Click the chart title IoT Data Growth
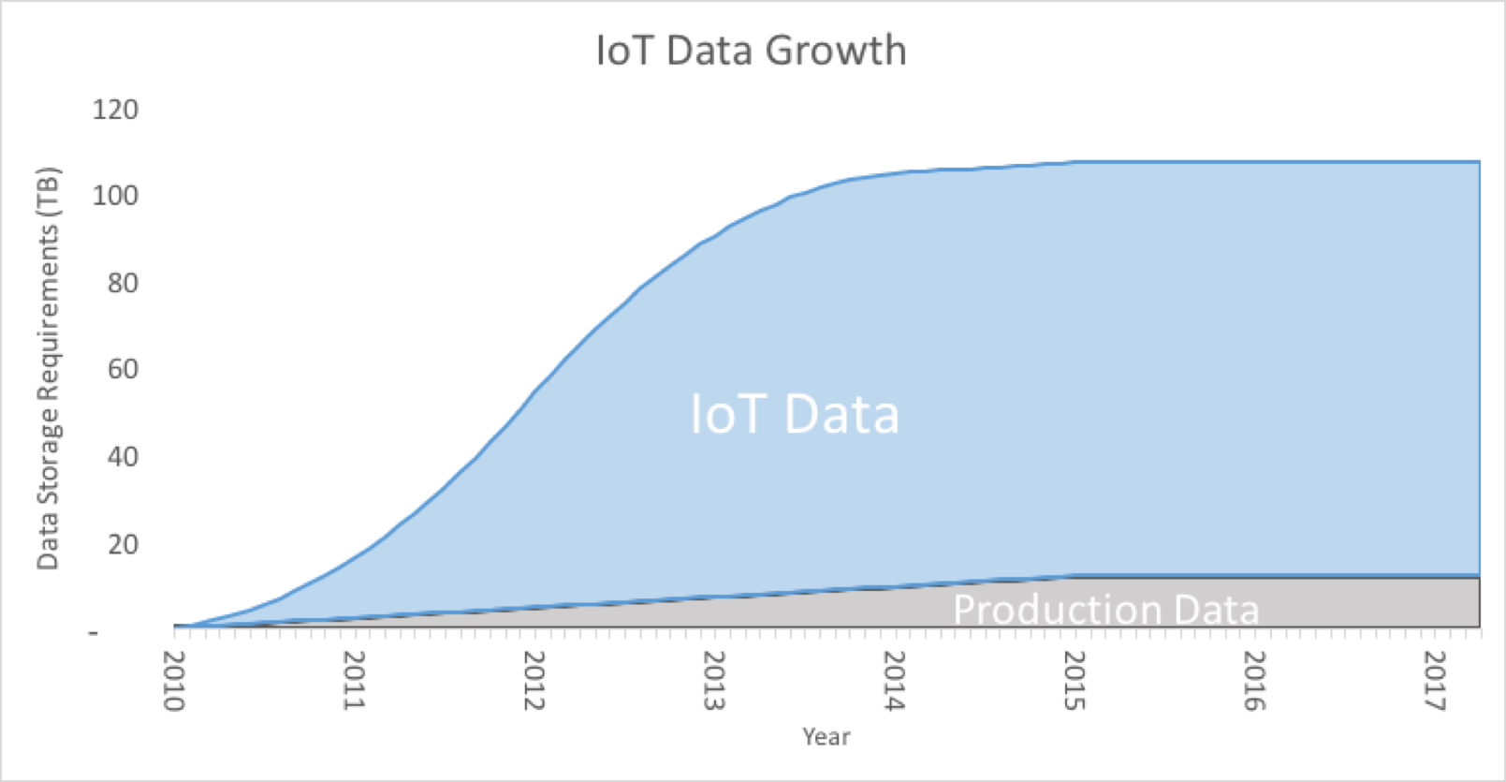pyautogui.click(x=752, y=51)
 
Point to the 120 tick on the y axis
pyautogui.click(x=115, y=109)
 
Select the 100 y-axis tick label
pyautogui.click(x=115, y=196)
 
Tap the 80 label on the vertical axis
pyautogui.click(x=123, y=283)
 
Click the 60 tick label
pyautogui.click(x=123, y=369)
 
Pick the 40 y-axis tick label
pyautogui.click(x=123, y=457)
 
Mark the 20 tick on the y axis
pyautogui.click(x=123, y=544)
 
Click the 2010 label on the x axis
pyautogui.click(x=174, y=680)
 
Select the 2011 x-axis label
pyautogui.click(x=354, y=680)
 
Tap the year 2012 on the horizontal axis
pyautogui.click(x=534, y=680)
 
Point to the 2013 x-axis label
pyautogui.click(x=714, y=680)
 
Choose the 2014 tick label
pyautogui.click(x=894, y=680)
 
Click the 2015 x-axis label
pyautogui.click(x=1075, y=680)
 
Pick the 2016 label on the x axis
pyautogui.click(x=1254, y=680)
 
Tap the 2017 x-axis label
pyautogui.click(x=1434, y=680)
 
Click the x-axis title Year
pyautogui.click(x=826, y=737)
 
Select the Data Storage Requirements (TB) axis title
pyautogui.click(x=49, y=368)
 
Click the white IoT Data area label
pyautogui.click(x=795, y=414)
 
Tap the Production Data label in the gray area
pyautogui.click(x=1106, y=609)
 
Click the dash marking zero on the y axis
pyautogui.click(x=94, y=632)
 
